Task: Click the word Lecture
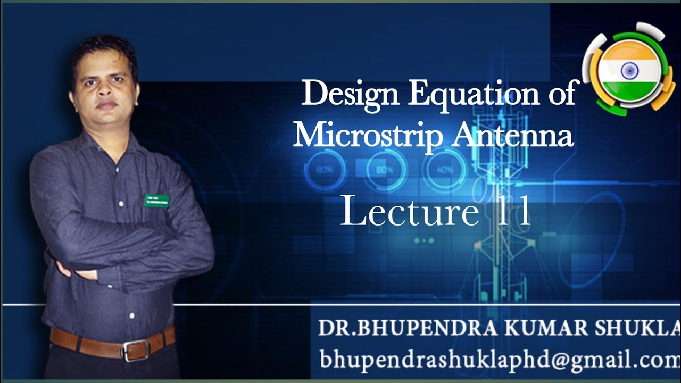pos(409,211)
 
